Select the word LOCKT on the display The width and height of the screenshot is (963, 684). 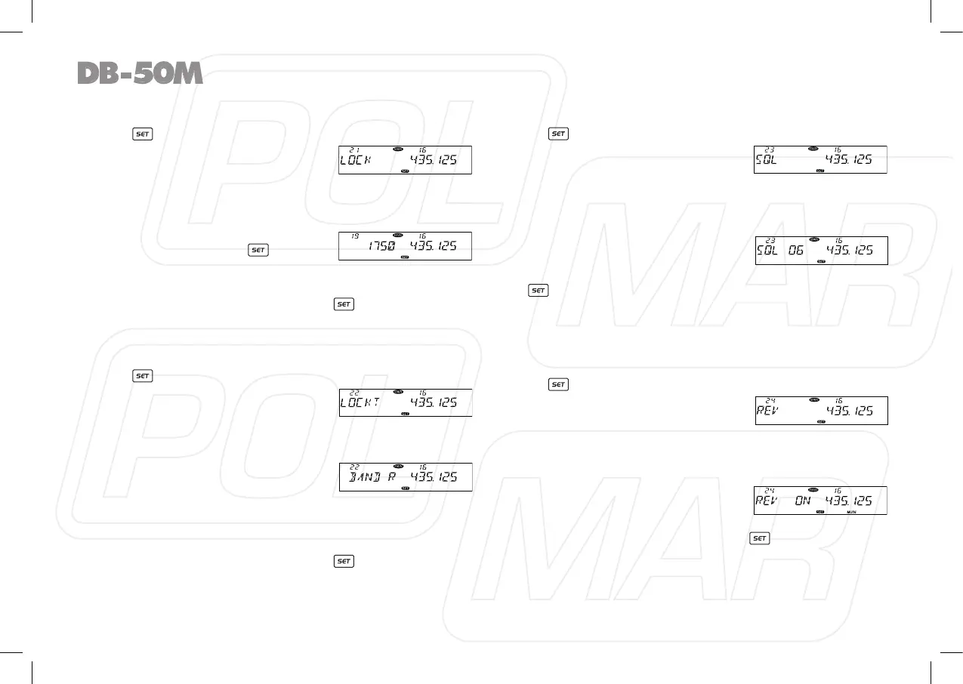pos(360,402)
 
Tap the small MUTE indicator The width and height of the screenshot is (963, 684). pos(851,511)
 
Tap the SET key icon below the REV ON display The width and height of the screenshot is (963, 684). pos(759,538)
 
